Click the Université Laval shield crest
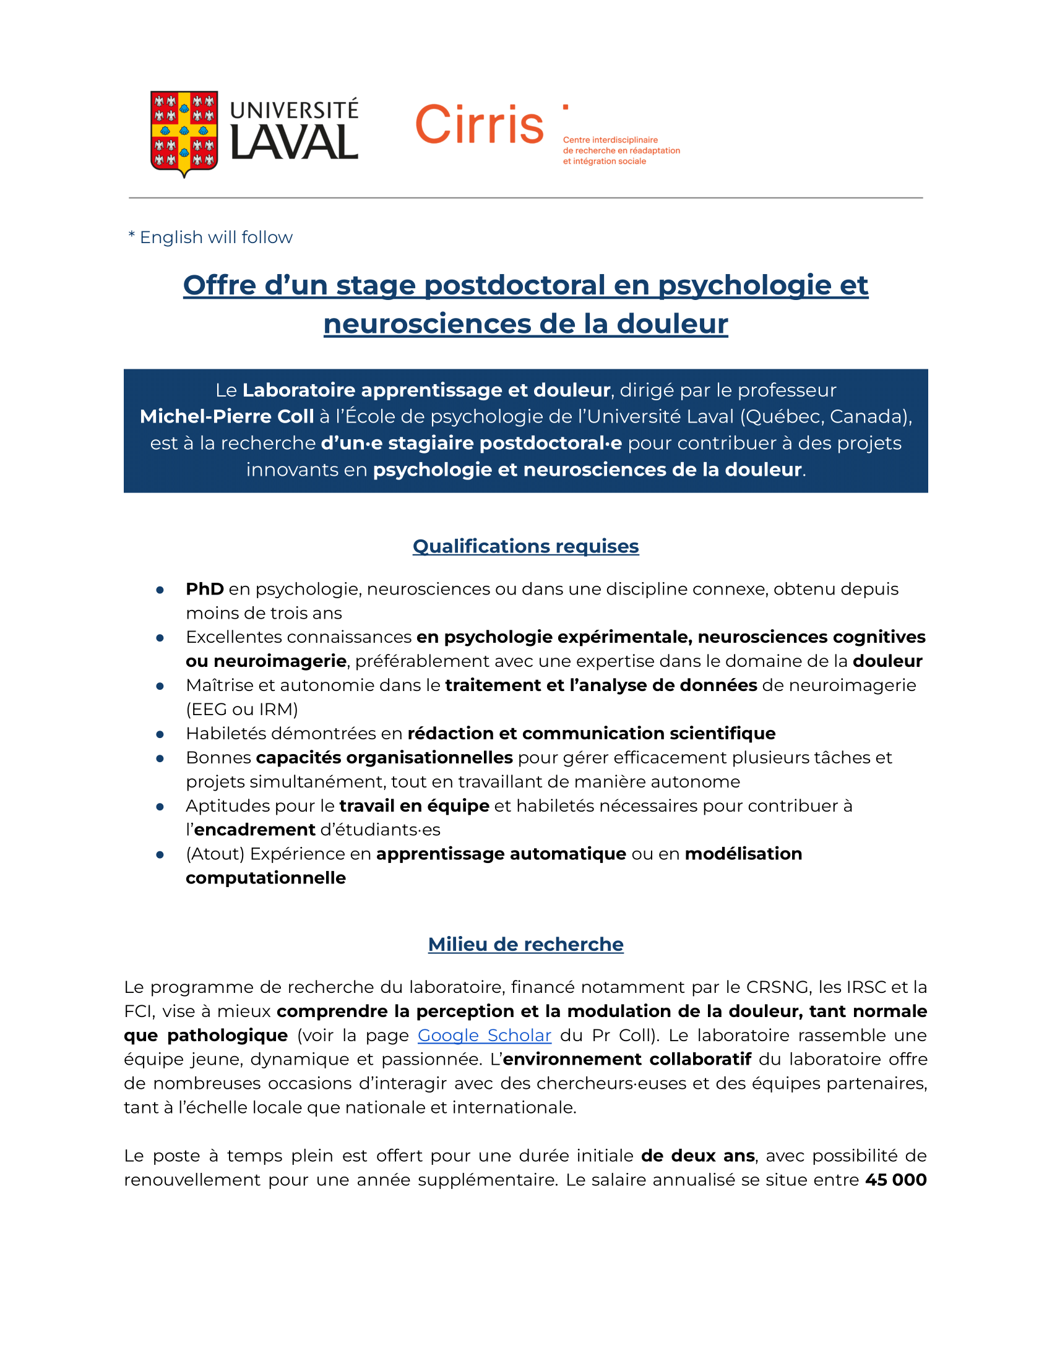pos(184,133)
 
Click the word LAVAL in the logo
pos(294,144)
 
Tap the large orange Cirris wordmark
pos(478,124)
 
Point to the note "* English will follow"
pos(210,238)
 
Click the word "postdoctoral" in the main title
pos(514,285)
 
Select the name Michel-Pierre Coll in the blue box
pos(226,416)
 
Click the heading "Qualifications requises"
pos(525,546)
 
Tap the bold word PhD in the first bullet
pos(204,589)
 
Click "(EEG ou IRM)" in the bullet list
pos(242,709)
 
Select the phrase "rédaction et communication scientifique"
pos(591,734)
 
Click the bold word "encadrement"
pos(254,830)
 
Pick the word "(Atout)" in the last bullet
pos(215,854)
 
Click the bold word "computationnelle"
pos(265,878)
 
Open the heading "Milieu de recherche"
pos(525,945)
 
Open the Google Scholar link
pos(485,1036)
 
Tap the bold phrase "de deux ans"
pos(698,1156)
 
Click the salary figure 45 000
pos(895,1180)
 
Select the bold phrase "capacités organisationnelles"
pos(384,758)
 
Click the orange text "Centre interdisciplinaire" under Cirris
pos(610,140)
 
